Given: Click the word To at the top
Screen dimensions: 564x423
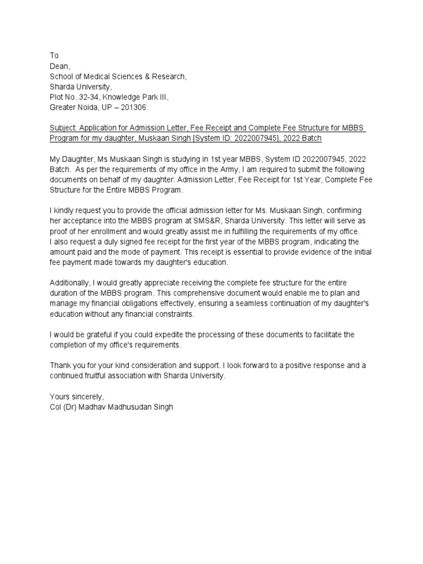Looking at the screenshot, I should tap(54, 56).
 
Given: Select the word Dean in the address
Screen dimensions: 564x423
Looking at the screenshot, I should tap(59, 66).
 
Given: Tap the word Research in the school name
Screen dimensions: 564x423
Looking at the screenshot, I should tap(167, 77).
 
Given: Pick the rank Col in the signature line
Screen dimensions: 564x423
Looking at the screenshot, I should tap(55, 407).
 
